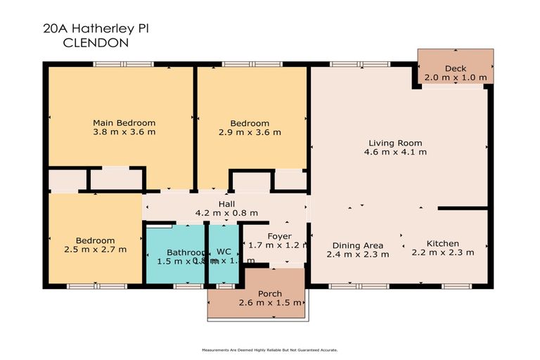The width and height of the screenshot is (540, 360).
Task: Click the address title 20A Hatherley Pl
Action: pos(96,29)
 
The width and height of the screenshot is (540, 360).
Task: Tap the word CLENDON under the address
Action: pos(96,42)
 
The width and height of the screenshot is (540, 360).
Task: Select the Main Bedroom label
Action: pos(124,123)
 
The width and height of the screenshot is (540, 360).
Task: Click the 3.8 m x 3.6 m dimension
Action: pos(124,131)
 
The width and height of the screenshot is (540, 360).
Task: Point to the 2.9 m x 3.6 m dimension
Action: pos(250,131)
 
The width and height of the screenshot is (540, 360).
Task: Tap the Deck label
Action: pos(456,68)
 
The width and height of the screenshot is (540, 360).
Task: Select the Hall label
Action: pos(226,204)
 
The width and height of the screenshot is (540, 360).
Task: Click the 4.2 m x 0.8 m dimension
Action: pos(226,212)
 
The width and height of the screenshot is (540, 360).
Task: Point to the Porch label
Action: pos(270,294)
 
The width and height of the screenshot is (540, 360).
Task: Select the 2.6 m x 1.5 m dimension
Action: pos(270,303)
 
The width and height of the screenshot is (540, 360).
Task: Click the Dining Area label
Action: pos(357,246)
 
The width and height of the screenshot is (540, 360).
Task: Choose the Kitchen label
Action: pos(442,243)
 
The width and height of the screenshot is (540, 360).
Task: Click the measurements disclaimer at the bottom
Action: pos(270,349)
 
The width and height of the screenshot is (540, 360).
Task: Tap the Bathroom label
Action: pos(186,252)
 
